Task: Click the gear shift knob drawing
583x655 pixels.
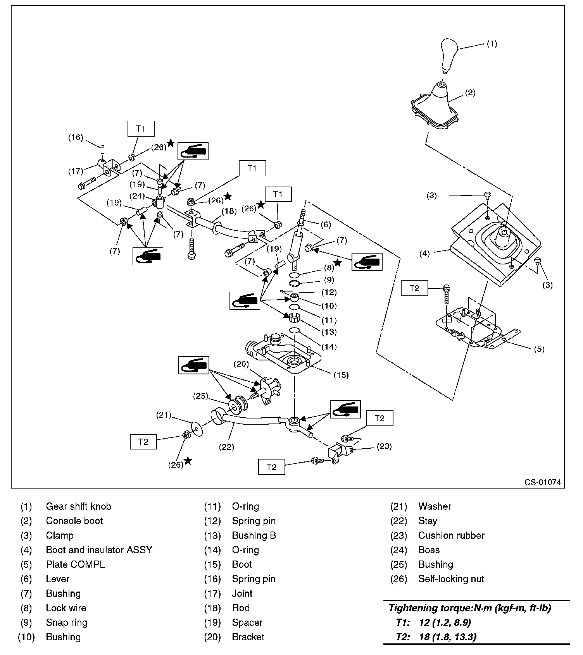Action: pos(450,54)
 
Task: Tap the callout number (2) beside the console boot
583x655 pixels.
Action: pos(470,93)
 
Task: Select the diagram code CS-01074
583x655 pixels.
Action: pos(542,482)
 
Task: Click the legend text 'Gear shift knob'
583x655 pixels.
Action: pos(78,506)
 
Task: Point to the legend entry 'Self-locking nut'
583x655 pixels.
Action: pos(451,579)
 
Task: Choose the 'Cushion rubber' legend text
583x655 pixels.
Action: pos(451,535)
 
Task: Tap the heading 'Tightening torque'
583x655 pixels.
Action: pos(469,608)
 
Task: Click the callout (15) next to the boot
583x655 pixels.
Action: pos(341,375)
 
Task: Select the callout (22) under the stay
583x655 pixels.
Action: pos(226,447)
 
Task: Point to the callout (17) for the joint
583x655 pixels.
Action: pos(76,170)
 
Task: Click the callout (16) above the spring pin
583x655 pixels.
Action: pos(76,137)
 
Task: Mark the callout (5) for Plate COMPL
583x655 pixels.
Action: pos(539,349)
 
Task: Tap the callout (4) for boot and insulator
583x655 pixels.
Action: pos(425,254)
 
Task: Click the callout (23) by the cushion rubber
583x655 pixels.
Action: pos(384,446)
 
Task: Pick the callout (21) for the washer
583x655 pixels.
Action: pos(164,415)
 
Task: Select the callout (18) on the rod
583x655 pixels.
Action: pos(229,211)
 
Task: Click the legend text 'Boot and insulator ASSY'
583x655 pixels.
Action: pos(99,550)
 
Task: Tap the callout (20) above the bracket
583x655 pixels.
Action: pos(241,364)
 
